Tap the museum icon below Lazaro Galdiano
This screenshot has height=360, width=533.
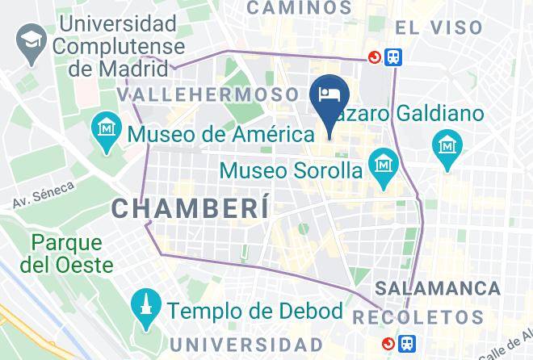(447, 146)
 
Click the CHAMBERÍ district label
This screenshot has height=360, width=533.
(189, 207)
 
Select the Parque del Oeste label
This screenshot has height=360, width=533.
(68, 252)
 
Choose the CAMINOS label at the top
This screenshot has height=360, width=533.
(299, 8)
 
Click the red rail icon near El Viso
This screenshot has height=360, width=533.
(375, 57)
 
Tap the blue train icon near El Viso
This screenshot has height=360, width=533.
(394, 57)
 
